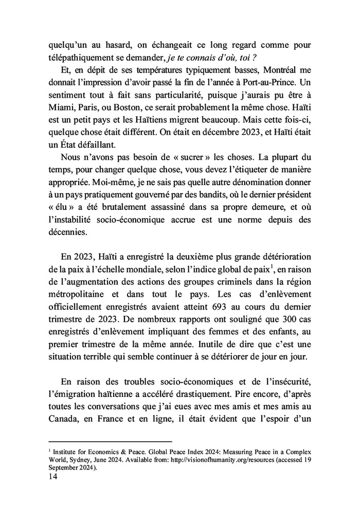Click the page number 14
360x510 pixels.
53,476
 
